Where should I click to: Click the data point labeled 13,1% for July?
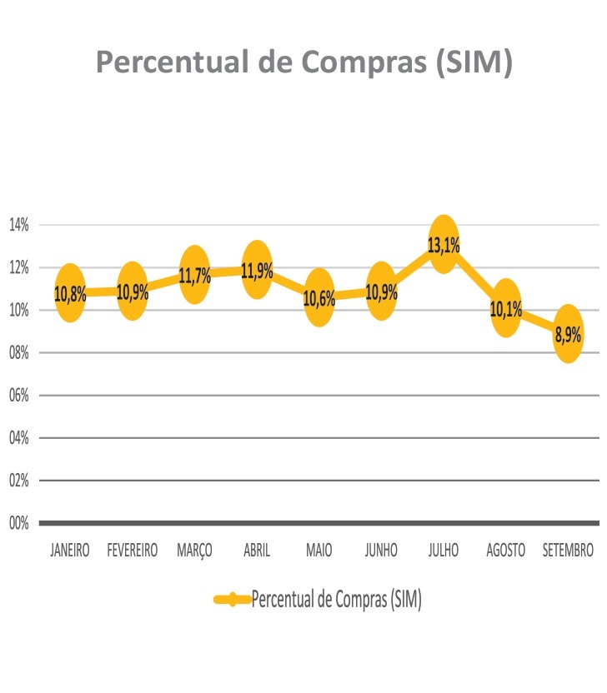pos(444,244)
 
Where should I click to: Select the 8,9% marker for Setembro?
pos(568,333)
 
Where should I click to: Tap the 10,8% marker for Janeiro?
pos(71,292)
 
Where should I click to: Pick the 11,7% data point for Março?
pos(194,274)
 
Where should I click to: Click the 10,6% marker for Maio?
pos(319,297)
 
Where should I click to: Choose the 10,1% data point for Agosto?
pos(505,308)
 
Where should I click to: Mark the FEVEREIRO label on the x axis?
pos(133,551)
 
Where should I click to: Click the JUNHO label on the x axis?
pos(381,551)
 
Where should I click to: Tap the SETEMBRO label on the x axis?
pos(568,551)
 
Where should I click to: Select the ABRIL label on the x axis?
pos(257,551)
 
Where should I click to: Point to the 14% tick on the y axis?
pos(19,225)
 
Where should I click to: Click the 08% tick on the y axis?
pos(19,353)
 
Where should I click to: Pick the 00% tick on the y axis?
pos(19,523)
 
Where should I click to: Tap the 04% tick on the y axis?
pos(19,438)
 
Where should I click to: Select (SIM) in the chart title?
pos(474,62)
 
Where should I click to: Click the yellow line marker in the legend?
pos(233,600)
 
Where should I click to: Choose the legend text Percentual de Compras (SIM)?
pos(336,600)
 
